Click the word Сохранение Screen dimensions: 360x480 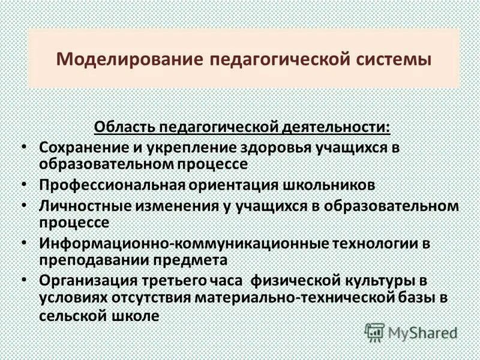pyautogui.click(x=78, y=148)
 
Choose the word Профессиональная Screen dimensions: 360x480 pyautogui.click(x=113, y=185)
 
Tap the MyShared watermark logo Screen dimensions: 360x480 pyautogui.click(x=412, y=332)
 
